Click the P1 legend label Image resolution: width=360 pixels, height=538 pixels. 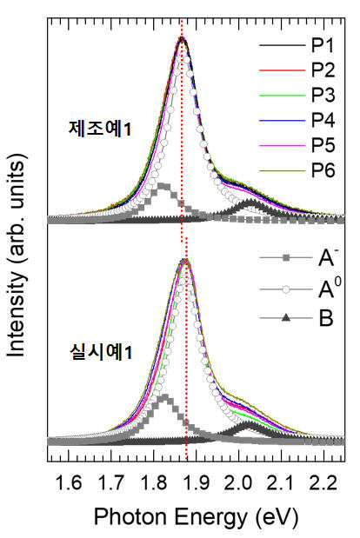pyautogui.click(x=323, y=45)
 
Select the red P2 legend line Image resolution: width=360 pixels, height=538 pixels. pyautogui.click(x=282, y=70)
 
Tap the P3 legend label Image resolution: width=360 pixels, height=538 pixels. pyautogui.click(x=323, y=95)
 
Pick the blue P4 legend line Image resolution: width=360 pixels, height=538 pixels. pyautogui.click(x=282, y=121)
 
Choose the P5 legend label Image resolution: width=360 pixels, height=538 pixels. pyautogui.click(x=323, y=145)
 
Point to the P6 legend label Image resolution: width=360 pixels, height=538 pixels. pyautogui.click(x=323, y=170)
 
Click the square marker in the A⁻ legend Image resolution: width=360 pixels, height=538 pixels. pyautogui.click(x=286, y=258)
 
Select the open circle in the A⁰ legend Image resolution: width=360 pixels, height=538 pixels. pyautogui.click(x=286, y=290)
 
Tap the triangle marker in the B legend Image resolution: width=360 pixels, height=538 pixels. pyautogui.click(x=286, y=318)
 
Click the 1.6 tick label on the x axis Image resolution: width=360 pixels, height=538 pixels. pyautogui.click(x=69, y=483)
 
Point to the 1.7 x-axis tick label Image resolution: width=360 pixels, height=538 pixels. pyautogui.click(x=111, y=483)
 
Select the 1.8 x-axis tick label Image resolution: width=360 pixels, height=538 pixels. pyautogui.click(x=154, y=483)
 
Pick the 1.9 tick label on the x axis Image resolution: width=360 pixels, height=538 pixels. pyautogui.click(x=197, y=483)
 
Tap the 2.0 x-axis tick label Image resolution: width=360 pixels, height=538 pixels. pyautogui.click(x=239, y=483)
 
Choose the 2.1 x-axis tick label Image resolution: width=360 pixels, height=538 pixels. pyautogui.click(x=282, y=483)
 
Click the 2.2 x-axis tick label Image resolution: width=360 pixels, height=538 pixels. pyautogui.click(x=324, y=483)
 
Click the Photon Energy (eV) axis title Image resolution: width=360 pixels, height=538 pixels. pyautogui.click(x=196, y=517)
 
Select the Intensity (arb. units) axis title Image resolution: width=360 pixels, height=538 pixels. pyautogui.click(x=17, y=256)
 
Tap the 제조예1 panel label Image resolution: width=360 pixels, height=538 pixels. pyautogui.click(x=100, y=130)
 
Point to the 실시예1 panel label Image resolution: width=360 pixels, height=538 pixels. pyautogui.click(x=101, y=352)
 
